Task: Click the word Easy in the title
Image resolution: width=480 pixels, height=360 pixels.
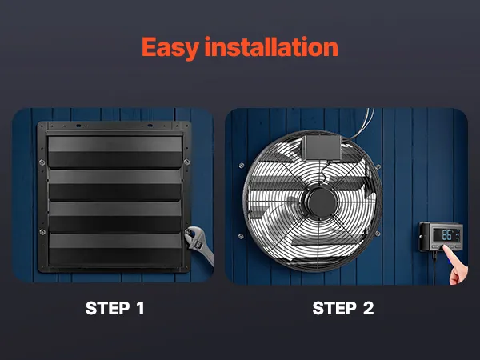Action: [x=170, y=48]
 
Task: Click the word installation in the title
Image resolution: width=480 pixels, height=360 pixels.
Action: [x=271, y=46]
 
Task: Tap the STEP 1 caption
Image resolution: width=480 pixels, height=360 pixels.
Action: [x=114, y=308]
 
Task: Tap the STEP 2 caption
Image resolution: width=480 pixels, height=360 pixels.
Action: [x=343, y=308]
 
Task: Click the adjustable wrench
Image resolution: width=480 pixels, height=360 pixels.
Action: [x=199, y=245]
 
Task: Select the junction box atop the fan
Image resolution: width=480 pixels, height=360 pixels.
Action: [x=322, y=148]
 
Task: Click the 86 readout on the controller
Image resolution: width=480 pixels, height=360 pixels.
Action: [x=446, y=235]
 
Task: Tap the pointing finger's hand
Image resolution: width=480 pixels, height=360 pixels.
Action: [x=458, y=266]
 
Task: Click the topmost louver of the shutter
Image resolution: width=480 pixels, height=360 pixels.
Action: [x=115, y=152]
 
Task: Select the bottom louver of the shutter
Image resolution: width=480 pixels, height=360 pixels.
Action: [x=115, y=250]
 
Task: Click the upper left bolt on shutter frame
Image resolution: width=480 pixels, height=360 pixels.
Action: [x=42, y=162]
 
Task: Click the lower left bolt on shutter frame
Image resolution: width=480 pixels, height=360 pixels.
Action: [x=42, y=232]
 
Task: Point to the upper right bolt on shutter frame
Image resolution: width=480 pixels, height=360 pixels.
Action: [x=186, y=162]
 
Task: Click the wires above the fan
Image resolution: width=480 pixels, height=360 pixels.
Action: [x=362, y=123]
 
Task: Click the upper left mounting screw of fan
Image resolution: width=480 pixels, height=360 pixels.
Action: [x=242, y=166]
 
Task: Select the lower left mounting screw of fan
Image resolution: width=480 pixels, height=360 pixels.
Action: [x=241, y=236]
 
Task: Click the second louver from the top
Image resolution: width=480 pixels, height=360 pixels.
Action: [x=115, y=185]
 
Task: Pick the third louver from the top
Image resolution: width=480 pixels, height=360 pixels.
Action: [x=115, y=217]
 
